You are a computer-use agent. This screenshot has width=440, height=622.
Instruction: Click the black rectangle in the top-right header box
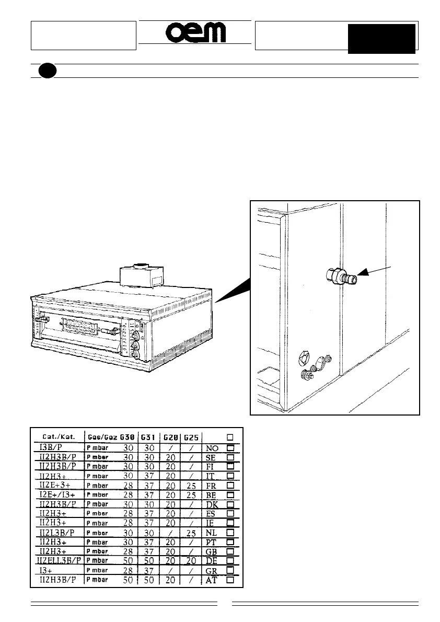click(x=381, y=38)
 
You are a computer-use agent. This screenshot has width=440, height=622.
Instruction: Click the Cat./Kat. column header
click(x=57, y=437)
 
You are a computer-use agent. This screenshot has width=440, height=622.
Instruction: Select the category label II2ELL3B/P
click(x=60, y=560)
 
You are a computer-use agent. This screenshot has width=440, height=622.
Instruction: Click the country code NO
click(x=212, y=448)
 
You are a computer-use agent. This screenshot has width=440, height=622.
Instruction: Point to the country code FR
click(x=212, y=486)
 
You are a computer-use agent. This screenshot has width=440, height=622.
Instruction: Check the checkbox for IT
click(x=230, y=476)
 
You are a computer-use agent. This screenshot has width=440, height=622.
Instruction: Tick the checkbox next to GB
click(x=230, y=551)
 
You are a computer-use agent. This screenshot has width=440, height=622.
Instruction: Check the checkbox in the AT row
click(x=230, y=580)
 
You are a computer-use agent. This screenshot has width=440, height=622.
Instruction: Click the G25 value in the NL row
click(x=191, y=533)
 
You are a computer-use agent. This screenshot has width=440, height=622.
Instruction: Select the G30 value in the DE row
click(x=128, y=561)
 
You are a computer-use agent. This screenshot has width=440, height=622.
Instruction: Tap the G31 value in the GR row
click(x=148, y=570)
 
